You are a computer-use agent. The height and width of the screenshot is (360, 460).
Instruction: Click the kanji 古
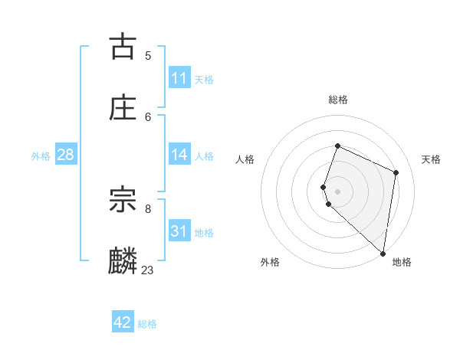(x=123, y=47)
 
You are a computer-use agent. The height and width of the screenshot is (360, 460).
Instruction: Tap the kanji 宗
(x=123, y=201)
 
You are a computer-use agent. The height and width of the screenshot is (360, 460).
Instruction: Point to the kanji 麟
(x=123, y=261)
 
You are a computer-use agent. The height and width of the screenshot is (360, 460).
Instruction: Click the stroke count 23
(x=147, y=270)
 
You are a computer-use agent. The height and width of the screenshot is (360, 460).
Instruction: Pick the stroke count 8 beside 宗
(x=148, y=208)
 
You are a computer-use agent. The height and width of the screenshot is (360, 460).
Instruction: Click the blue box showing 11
(x=179, y=78)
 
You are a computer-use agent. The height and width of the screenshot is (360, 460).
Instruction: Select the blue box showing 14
(x=179, y=155)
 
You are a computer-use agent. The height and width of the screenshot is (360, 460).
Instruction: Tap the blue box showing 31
(x=179, y=231)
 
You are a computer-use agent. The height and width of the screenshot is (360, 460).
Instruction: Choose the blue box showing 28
(x=66, y=155)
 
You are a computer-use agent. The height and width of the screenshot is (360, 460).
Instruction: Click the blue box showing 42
(x=123, y=322)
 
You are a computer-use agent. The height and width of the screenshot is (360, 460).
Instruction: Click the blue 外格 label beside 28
(x=41, y=156)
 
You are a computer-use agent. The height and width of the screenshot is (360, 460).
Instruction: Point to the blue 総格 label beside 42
(x=147, y=324)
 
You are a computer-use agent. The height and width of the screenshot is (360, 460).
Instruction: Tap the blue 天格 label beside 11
(x=204, y=80)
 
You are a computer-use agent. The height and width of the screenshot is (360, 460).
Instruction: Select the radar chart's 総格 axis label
(x=338, y=100)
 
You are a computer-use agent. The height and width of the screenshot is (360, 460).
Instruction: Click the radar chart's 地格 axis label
(x=402, y=263)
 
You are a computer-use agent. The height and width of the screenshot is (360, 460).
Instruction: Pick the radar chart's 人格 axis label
(x=245, y=159)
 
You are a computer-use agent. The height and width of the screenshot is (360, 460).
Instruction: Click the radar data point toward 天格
(x=396, y=172)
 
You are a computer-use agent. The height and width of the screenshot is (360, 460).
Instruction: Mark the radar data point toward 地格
(x=383, y=253)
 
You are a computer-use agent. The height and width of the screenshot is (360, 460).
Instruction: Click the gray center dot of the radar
(x=337, y=191)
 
